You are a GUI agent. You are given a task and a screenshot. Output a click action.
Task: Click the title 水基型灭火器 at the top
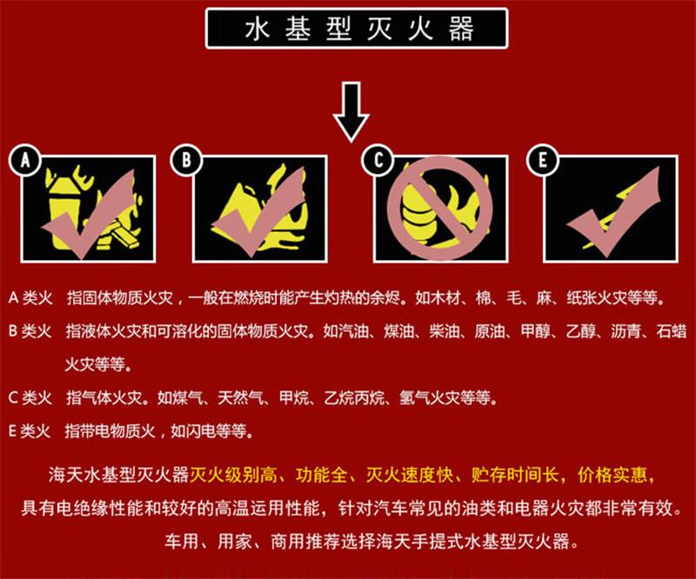tap(359, 30)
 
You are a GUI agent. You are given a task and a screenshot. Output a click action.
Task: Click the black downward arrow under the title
tap(351, 111)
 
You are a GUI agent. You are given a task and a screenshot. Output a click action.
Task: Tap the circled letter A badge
tap(25, 160)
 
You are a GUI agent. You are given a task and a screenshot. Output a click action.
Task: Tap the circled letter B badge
tap(186, 160)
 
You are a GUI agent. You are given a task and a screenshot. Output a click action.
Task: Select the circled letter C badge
tap(378, 160)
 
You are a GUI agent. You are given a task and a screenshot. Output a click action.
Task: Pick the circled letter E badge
tap(542, 160)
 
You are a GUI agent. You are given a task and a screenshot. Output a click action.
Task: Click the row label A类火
tap(30, 298)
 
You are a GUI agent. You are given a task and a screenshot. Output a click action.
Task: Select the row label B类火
tap(30, 331)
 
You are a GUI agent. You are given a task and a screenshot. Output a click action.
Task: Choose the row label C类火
tap(30, 398)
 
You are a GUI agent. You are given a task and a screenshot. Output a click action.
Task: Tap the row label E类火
tap(30, 431)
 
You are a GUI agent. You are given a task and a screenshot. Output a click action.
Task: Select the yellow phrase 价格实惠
tap(612, 476)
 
